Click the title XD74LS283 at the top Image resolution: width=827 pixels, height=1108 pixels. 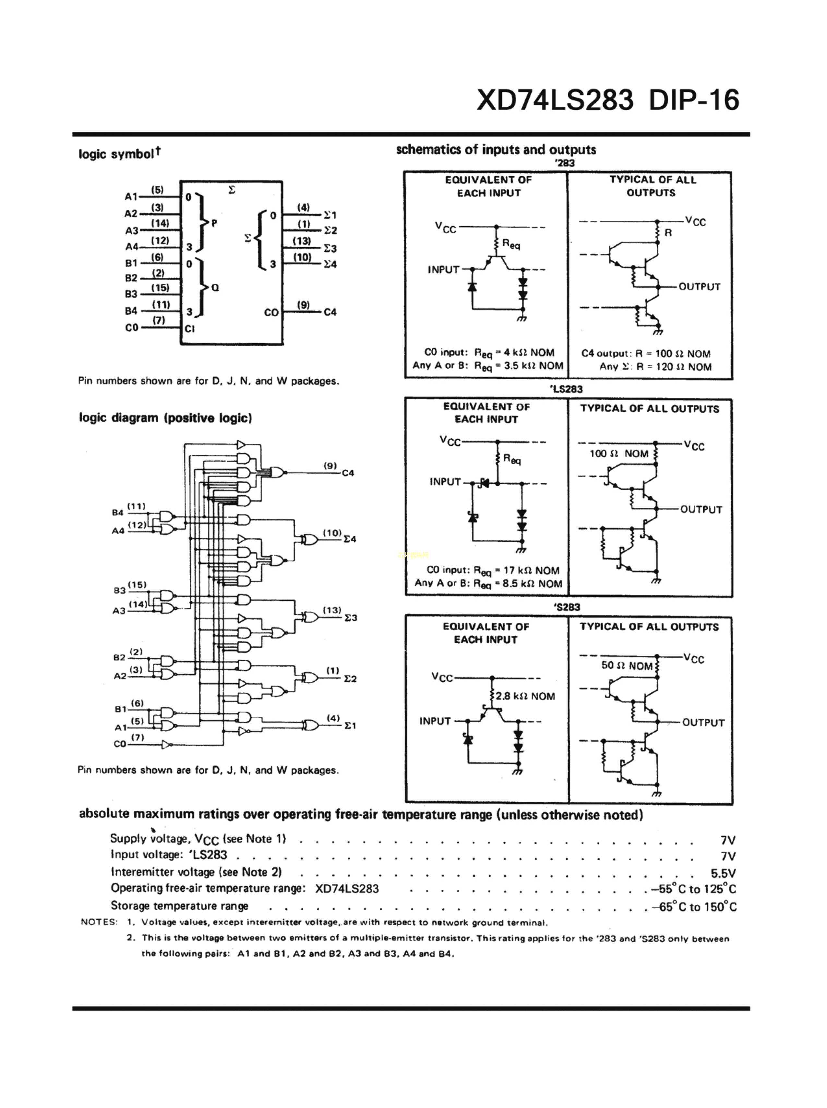[x=555, y=100]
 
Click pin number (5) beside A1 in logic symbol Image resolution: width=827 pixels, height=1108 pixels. [x=157, y=190]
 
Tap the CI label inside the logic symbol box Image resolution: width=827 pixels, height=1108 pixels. [x=190, y=329]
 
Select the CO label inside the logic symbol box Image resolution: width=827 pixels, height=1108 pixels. [x=271, y=312]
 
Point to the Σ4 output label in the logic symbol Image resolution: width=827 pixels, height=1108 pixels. [x=330, y=264]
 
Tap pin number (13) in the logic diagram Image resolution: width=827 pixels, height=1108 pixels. [x=332, y=610]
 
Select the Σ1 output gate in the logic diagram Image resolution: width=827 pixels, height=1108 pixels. [x=310, y=725]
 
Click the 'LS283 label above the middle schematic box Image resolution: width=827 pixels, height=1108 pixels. [x=566, y=389]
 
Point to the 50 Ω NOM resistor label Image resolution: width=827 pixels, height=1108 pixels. [x=627, y=666]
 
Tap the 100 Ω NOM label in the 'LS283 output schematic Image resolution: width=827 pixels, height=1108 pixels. [x=619, y=454]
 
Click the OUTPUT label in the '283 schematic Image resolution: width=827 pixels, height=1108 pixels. [x=699, y=287]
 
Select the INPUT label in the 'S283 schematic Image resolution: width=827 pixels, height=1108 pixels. [x=435, y=721]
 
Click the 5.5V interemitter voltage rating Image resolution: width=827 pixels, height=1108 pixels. [x=723, y=873]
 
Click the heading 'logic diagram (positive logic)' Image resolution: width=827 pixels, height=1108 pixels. [x=165, y=418]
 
